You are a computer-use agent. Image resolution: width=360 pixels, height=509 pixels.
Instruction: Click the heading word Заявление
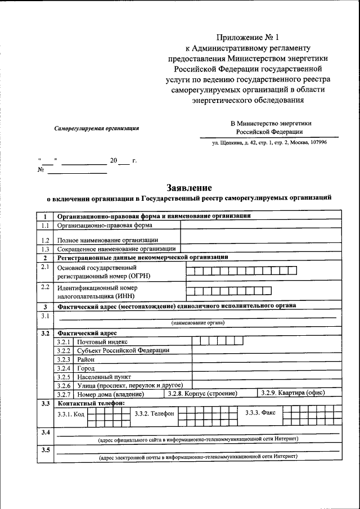[x=189, y=187]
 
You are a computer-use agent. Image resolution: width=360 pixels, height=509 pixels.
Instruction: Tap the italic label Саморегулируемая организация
[x=97, y=128]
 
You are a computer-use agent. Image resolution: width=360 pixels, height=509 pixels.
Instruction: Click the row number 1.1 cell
[x=45, y=226]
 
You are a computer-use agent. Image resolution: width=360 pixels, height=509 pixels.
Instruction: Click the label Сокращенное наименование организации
[x=117, y=249]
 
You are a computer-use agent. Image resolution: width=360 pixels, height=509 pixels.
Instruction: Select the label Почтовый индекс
[x=102, y=341]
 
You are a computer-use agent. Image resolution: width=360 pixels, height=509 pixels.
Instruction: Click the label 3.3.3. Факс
[x=260, y=413]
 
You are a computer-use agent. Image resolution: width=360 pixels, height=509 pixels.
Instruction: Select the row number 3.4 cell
[x=45, y=432]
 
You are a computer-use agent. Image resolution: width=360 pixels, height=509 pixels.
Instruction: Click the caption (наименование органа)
[x=197, y=323]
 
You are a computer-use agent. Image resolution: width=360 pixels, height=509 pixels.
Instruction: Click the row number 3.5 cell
[x=45, y=450]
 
